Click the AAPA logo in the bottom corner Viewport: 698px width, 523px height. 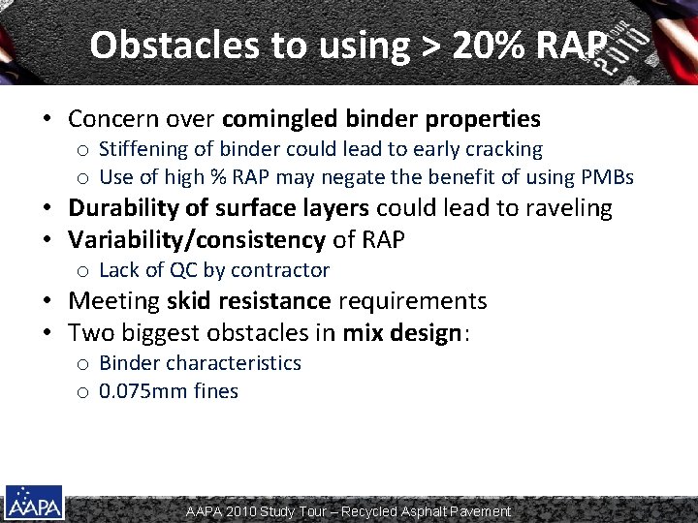34,502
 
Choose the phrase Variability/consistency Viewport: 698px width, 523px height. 196,239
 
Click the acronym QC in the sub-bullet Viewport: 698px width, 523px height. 181,270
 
